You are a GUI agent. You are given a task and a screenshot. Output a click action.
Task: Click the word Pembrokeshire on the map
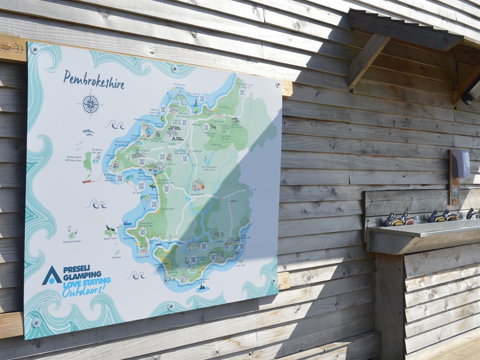click(x=94, y=80)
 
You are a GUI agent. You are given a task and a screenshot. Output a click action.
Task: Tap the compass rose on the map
click(x=91, y=104)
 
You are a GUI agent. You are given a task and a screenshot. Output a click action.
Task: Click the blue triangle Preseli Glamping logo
click(x=51, y=276)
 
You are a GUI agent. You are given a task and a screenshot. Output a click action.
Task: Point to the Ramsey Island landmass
click(x=88, y=160)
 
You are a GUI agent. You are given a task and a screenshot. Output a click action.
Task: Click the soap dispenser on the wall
click(x=459, y=164)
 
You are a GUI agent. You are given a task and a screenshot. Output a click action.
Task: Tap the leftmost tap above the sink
click(x=394, y=220)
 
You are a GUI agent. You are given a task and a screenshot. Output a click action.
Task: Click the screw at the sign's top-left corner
click(x=34, y=50)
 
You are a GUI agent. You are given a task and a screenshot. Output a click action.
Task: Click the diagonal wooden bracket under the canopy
click(x=367, y=60)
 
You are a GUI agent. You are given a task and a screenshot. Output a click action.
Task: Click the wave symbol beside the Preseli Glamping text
click(x=136, y=275)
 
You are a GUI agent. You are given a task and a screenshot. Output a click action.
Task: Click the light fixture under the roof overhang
click(x=471, y=93)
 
